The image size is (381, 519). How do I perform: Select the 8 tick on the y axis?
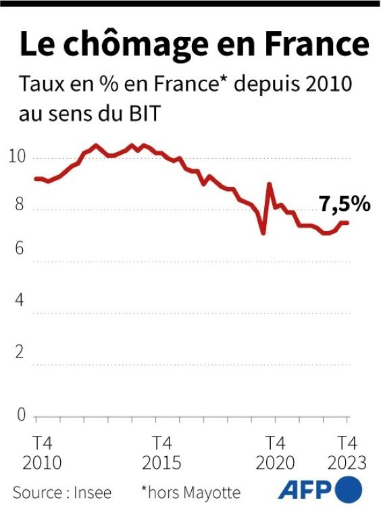[x=20, y=206]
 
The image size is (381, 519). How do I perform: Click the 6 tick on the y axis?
[x=20, y=249]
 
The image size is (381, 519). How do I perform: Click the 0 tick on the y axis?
[x=21, y=414]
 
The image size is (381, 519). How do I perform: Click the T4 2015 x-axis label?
[x=161, y=453]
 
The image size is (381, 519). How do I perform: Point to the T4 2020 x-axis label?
[x=275, y=453]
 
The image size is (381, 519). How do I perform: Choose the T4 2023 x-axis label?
[x=347, y=453]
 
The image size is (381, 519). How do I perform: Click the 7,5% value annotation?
[x=345, y=203]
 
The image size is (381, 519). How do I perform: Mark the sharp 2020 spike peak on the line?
[x=270, y=184]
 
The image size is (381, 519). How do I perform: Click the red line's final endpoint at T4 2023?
[x=348, y=222]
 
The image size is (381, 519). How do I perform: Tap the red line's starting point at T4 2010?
[x=35, y=178]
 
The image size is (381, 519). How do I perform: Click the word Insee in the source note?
[x=93, y=492]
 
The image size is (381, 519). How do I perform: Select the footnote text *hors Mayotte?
[x=190, y=492]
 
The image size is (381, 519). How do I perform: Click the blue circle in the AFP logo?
[x=349, y=489]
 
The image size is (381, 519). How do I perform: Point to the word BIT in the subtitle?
[x=142, y=114]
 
